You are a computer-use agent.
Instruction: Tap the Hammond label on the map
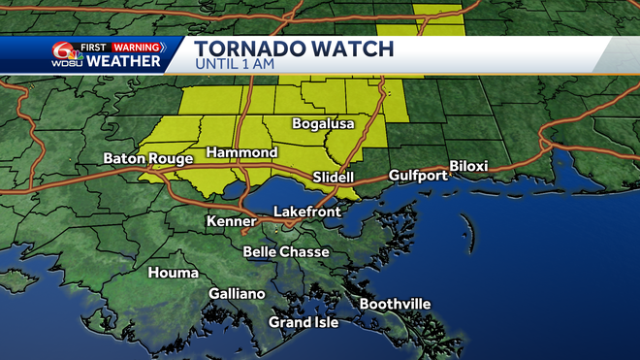[x=241, y=153]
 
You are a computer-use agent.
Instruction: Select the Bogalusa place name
[x=324, y=124]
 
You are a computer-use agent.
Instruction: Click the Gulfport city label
[x=418, y=176]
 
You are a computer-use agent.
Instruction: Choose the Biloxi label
[x=468, y=167]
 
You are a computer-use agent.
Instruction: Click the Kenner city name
[x=231, y=222]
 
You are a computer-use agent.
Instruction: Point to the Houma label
[x=173, y=273]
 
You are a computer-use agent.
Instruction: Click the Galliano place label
[x=237, y=294]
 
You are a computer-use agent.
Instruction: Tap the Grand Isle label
[x=304, y=322]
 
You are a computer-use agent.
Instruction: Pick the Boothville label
[x=395, y=304]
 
